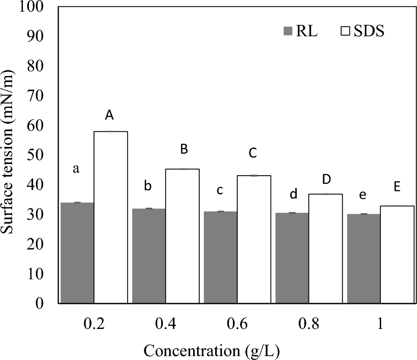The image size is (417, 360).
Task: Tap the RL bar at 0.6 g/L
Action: [x=220, y=257]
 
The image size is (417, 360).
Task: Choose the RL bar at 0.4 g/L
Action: [x=149, y=256]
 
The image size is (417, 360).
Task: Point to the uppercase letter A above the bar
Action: [x=109, y=115]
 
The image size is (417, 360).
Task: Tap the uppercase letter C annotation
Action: [x=253, y=153]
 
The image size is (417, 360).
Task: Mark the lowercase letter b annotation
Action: [x=148, y=186]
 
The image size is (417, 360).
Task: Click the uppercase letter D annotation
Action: [x=326, y=179]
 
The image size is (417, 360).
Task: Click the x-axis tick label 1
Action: [x=380, y=325]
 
